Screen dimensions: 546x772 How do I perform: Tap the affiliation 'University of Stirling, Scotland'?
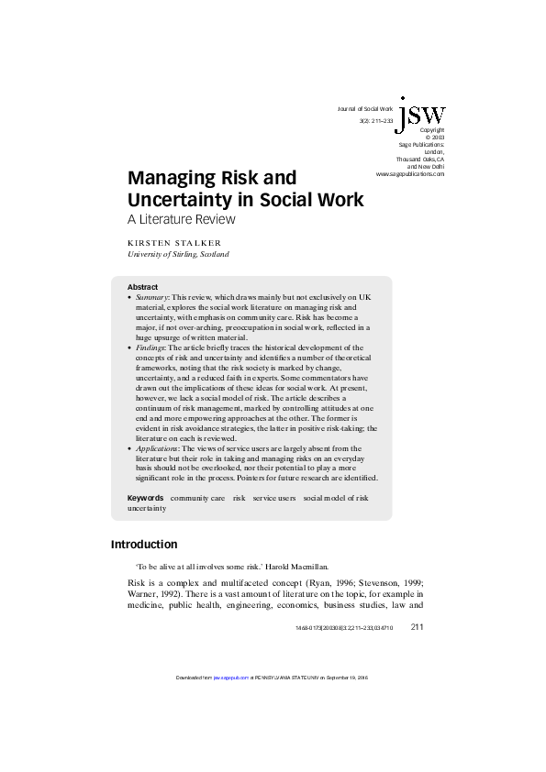click(x=177, y=254)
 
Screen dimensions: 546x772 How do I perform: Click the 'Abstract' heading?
click(x=142, y=287)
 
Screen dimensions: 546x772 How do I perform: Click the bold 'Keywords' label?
click(x=145, y=498)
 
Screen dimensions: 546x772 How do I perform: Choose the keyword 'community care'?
click(x=197, y=498)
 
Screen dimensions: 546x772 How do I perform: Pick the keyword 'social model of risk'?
click(x=336, y=498)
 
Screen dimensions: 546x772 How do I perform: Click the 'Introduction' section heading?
click(x=144, y=544)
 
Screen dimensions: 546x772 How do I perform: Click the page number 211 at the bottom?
click(x=417, y=627)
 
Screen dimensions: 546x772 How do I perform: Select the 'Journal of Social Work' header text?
click(x=372, y=109)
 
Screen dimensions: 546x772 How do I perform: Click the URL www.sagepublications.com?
click(x=410, y=173)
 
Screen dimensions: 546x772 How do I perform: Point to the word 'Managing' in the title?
click(x=170, y=176)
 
